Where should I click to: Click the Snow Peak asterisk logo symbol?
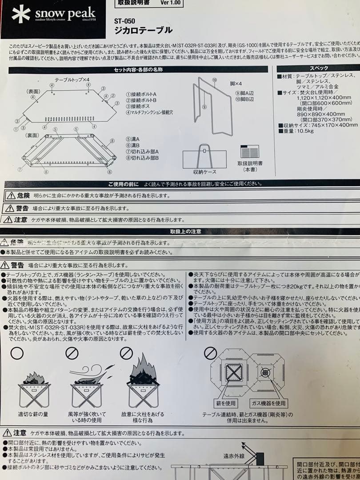pos(21,15)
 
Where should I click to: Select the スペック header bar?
pos(318,68)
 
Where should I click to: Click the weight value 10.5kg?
pos(300,131)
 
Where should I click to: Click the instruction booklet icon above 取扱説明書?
pos(249,152)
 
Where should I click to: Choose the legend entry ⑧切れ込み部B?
pos(143,158)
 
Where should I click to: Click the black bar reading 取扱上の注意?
pos(185,232)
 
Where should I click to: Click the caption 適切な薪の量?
pos(34,414)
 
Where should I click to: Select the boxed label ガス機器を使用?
pos(268,403)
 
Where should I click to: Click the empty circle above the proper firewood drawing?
pos(17,353)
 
